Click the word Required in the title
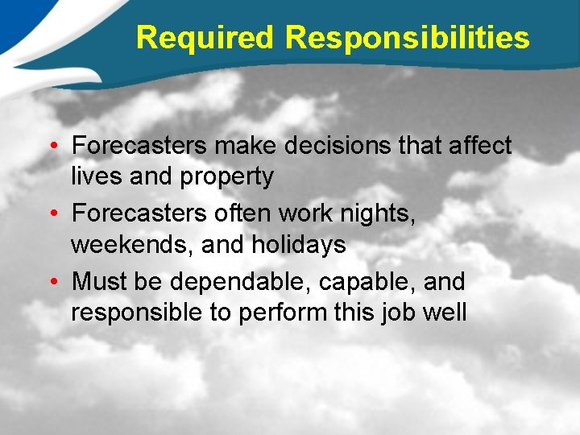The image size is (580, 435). pos(205,37)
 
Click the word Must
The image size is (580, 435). pos(98,283)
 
